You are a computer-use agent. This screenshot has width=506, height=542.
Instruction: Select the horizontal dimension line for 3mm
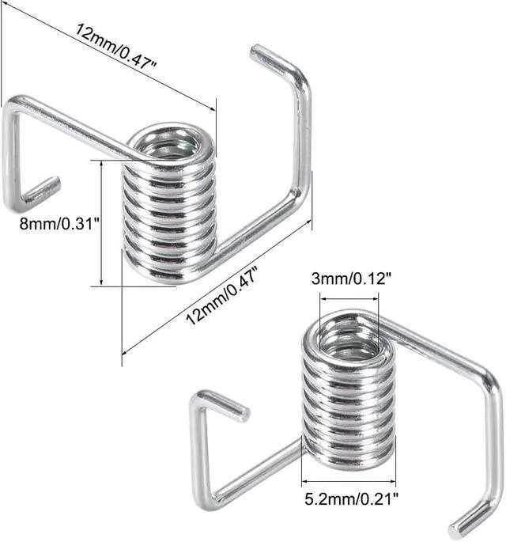[349, 298]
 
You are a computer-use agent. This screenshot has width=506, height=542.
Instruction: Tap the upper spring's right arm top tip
[259, 52]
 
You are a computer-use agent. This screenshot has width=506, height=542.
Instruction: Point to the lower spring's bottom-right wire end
[458, 530]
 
